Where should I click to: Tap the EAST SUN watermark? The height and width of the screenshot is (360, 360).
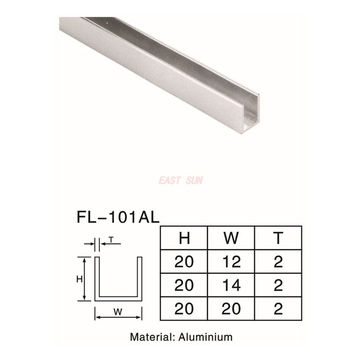(180, 180)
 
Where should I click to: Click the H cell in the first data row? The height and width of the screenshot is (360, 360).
(184, 261)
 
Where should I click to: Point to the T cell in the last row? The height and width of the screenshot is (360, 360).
(278, 309)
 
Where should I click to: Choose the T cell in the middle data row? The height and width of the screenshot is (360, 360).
(278, 285)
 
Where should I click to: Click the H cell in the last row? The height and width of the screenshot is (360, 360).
(184, 309)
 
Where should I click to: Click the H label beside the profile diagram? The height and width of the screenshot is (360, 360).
(79, 279)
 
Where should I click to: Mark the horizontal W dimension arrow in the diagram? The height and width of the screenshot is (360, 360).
(118, 317)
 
